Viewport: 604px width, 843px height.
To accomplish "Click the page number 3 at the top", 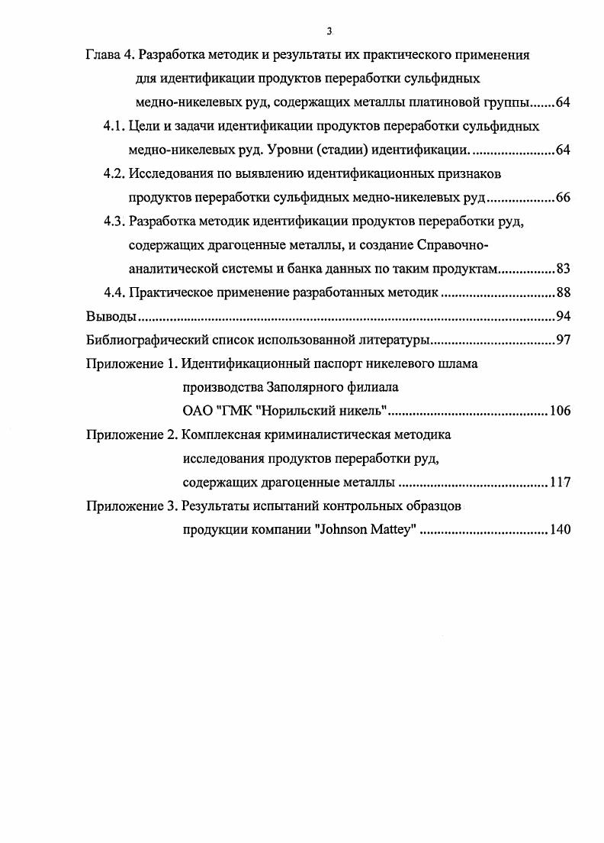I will tap(329, 31).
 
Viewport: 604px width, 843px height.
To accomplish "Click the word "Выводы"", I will tap(111, 317).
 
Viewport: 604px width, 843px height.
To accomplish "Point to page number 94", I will tap(563, 317).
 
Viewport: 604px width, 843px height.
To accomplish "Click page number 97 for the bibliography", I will tap(563, 341).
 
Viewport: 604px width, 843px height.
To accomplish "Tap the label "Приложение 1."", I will tap(131, 364).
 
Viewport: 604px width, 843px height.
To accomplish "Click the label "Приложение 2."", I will tap(131, 435).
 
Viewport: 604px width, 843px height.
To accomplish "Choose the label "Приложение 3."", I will tap(131, 506).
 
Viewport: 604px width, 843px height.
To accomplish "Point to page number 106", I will tap(559, 412).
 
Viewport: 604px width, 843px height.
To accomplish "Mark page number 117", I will tap(559, 483).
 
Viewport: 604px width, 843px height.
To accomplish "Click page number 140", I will tap(559, 530).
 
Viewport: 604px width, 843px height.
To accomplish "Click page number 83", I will tap(563, 270).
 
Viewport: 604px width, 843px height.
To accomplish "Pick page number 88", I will tap(563, 293).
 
